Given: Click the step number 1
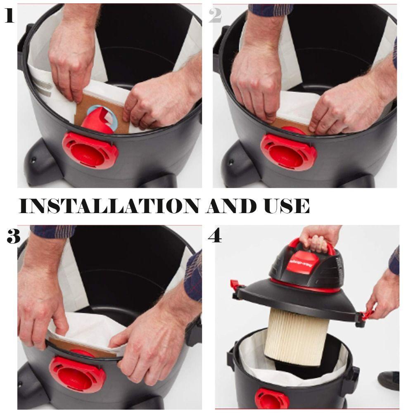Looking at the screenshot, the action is click(x=9, y=16).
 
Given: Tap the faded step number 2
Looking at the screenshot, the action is click(x=215, y=16).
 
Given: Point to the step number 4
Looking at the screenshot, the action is click(x=215, y=235).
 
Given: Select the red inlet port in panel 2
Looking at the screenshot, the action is click(x=288, y=152).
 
